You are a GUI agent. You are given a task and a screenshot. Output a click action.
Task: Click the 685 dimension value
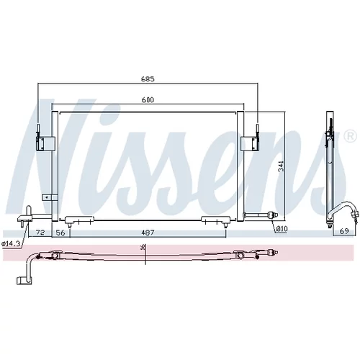148,78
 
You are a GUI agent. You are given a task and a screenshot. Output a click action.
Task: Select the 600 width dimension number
148,99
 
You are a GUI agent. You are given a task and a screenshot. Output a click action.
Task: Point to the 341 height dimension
281,166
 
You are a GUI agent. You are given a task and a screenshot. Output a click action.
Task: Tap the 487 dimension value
148,233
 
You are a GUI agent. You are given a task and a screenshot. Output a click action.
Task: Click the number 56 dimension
60,233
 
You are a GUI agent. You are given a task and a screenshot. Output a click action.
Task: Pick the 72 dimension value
40,233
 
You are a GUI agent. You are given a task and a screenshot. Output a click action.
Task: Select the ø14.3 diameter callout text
10,243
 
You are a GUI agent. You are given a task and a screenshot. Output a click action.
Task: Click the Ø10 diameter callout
282,229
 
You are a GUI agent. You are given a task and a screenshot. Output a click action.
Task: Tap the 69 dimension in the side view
344,231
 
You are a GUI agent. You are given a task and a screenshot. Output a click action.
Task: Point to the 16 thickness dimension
143,247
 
